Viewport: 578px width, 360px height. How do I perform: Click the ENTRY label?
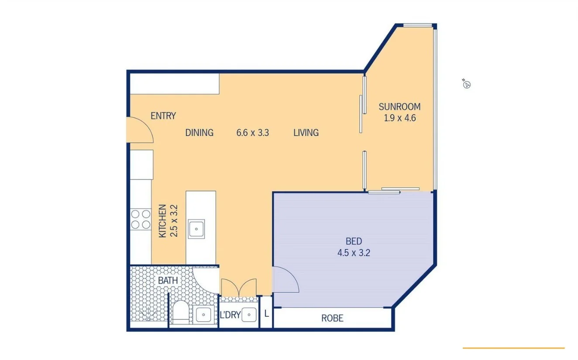click(x=163, y=116)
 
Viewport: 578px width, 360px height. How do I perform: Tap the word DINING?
click(x=199, y=132)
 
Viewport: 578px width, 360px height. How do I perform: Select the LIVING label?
click(x=306, y=132)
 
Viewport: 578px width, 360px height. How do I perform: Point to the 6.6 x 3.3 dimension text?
click(x=252, y=132)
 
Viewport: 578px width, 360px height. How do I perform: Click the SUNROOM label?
click(x=399, y=106)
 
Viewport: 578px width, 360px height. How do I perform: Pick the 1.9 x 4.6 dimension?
click(x=399, y=117)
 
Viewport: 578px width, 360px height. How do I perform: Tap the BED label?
click(x=354, y=241)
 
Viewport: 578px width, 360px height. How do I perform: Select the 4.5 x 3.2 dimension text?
click(x=354, y=252)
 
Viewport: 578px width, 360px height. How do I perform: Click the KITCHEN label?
click(x=162, y=221)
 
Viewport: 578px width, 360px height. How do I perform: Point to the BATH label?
click(x=168, y=280)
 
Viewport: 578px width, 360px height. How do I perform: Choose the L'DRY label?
click(x=230, y=315)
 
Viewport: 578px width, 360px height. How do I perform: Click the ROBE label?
click(x=332, y=318)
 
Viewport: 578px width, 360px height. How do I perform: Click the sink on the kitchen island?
click(x=196, y=228)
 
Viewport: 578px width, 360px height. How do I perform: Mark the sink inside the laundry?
click(x=249, y=314)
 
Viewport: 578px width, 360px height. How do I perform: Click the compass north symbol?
click(x=466, y=84)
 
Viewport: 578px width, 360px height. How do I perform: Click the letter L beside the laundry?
click(x=266, y=313)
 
